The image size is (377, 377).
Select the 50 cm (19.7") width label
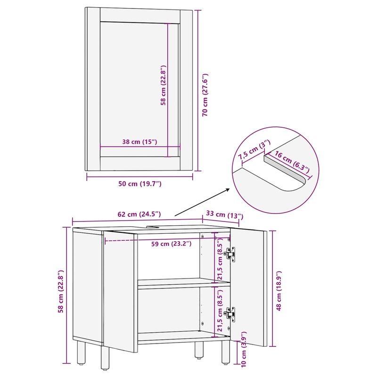click(140, 184)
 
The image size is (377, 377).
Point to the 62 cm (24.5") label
click(139, 214)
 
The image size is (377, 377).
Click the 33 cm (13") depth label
click(222, 215)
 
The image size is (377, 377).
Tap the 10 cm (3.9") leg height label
click(244, 349)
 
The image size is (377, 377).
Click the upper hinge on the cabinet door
click(229, 253)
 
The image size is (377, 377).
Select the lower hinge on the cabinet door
click(229, 313)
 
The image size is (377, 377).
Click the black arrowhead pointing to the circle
click(228, 190)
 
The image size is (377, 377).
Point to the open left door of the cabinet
click(120, 290)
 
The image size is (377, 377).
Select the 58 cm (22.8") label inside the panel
click(163, 85)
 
